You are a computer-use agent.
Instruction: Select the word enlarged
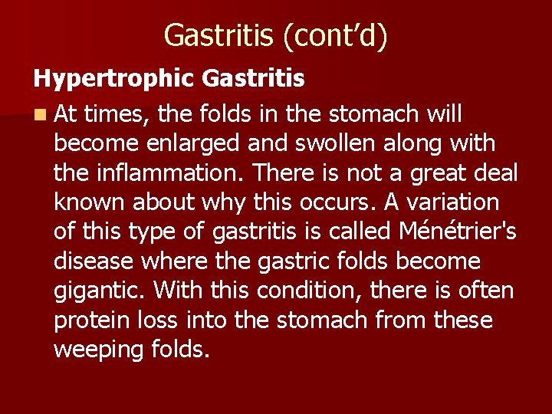coord(194,143)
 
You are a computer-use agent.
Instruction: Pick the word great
coord(449,173)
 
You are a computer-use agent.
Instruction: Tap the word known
coord(90,202)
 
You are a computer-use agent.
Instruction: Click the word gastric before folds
coord(290,261)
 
